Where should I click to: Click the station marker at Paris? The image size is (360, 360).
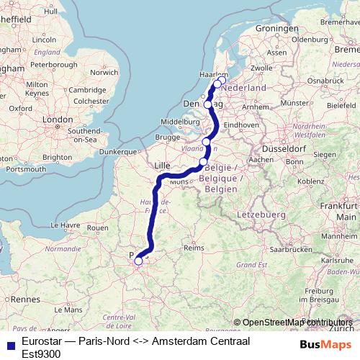[138, 261]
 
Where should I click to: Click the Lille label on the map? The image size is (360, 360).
[163, 166]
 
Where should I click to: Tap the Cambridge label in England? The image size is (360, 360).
[83, 90]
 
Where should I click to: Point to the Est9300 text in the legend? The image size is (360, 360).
[42, 353]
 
